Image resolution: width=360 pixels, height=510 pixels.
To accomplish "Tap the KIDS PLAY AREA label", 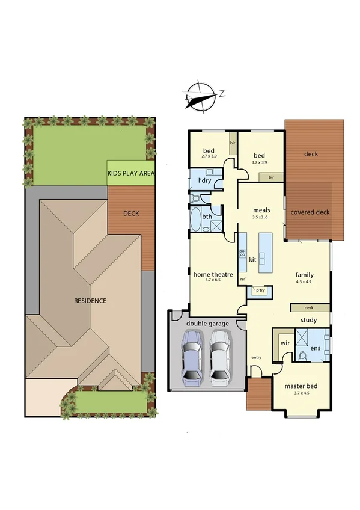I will [131, 173].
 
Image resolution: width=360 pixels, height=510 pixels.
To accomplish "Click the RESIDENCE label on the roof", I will [90, 300].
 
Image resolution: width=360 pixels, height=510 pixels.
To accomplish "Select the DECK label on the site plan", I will [131, 213].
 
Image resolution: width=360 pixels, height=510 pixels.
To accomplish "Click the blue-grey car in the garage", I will [192, 360].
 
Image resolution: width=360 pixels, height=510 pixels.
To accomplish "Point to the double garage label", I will [207, 324].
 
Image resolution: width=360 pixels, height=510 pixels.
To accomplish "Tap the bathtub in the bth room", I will [196, 220].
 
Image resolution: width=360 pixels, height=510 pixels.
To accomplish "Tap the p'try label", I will [260, 290].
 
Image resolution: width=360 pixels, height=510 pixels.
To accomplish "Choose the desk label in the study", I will [310, 307].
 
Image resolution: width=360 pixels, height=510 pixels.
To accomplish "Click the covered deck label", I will [310, 212].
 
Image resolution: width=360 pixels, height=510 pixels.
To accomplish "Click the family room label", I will [304, 275].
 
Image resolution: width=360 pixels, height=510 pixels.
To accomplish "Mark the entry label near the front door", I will [257, 358].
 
